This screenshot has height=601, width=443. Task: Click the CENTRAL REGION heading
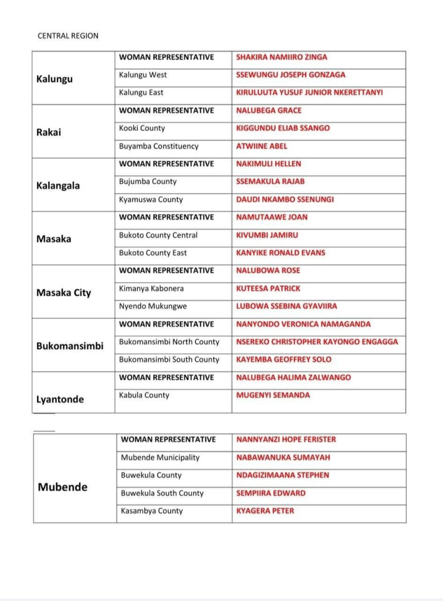tap(68, 36)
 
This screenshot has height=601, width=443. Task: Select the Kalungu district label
tap(55, 79)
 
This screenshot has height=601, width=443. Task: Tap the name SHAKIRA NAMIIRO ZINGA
tap(282, 58)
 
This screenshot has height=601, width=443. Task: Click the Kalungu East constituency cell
tap(141, 93)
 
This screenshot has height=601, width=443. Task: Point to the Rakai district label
tap(49, 132)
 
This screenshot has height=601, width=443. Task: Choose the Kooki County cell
tap(142, 129)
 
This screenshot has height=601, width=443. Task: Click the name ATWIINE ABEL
tap(262, 146)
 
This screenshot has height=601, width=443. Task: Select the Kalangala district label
tap(58, 185)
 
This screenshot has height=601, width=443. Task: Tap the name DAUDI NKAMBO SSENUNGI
tap(285, 200)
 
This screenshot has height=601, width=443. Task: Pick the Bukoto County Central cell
tap(158, 235)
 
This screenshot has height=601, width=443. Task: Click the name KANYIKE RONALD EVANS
tap(280, 253)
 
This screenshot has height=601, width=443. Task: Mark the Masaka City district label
tap(64, 292)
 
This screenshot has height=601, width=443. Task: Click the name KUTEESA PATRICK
tap(268, 289)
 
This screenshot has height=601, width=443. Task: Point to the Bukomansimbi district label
tap(70, 346)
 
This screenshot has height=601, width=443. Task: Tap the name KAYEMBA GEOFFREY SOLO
tap(283, 360)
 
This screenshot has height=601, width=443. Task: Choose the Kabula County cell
tap(144, 396)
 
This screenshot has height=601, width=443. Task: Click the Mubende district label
tap(63, 487)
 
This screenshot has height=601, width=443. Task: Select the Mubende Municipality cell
tap(160, 458)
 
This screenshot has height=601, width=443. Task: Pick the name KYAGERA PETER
tap(265, 511)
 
